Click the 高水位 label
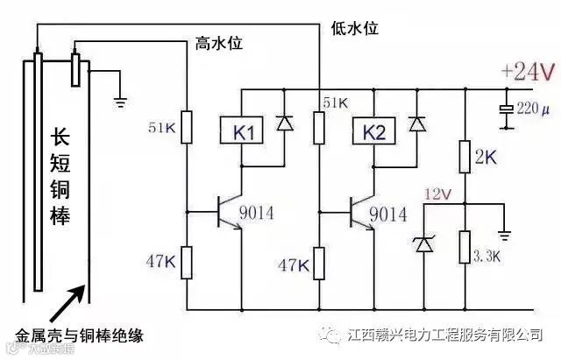(x=215, y=43)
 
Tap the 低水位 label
(x=354, y=28)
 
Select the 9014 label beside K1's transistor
(x=260, y=214)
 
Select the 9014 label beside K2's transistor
(x=387, y=214)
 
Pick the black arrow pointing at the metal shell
(x=67, y=302)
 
